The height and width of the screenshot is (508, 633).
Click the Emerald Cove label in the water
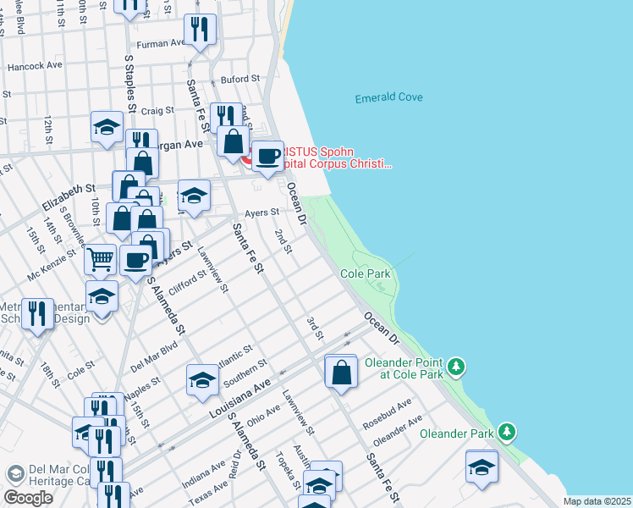click(388, 97)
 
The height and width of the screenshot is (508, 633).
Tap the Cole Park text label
click(366, 274)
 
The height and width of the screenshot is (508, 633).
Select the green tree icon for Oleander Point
click(457, 366)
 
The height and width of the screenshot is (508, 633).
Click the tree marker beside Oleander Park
click(507, 432)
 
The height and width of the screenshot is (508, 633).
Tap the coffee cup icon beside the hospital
click(269, 157)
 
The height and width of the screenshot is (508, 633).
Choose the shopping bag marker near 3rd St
click(341, 373)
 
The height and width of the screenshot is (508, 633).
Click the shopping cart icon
click(100, 258)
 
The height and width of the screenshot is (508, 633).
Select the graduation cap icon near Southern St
click(203, 380)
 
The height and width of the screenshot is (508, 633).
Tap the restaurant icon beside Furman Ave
click(201, 30)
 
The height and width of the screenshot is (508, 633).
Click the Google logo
click(29, 498)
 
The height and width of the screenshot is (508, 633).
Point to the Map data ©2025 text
click(597, 501)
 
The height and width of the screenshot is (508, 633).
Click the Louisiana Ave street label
click(241, 400)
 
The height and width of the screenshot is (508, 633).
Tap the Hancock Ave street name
click(35, 65)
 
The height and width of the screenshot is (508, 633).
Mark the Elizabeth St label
click(68, 197)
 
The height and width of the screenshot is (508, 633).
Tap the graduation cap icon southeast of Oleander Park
click(482, 466)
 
